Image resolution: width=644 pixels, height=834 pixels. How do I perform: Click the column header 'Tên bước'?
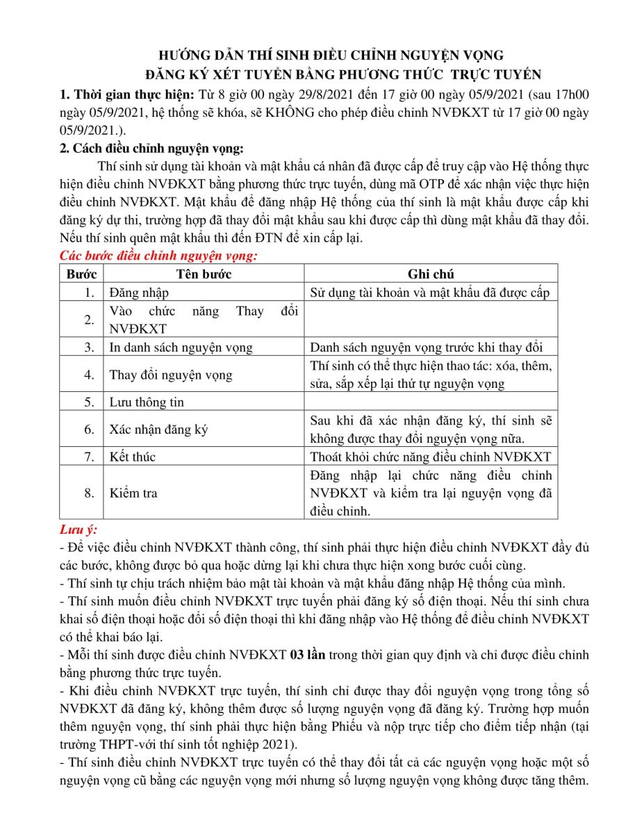point(204,275)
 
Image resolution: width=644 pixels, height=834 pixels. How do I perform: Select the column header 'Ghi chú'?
point(431,275)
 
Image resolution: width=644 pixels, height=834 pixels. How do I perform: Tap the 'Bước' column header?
point(81,275)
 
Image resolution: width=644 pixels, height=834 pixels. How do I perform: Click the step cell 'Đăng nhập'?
point(139,293)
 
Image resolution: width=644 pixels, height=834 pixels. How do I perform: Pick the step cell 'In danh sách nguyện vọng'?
point(181,347)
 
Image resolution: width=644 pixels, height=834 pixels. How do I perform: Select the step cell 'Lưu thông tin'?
point(147,402)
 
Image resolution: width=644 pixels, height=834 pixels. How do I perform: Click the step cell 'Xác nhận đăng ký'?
point(158,430)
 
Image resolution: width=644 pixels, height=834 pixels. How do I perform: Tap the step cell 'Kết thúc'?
point(133,457)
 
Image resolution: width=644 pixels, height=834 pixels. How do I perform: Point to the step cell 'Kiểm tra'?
point(133,493)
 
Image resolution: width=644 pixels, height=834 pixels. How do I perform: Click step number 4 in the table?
point(89,375)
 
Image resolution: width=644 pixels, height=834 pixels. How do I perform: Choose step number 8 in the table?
point(89,493)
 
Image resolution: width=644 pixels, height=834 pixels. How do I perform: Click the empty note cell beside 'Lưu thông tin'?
point(431,402)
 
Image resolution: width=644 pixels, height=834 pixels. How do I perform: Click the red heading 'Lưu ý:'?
point(78,531)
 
